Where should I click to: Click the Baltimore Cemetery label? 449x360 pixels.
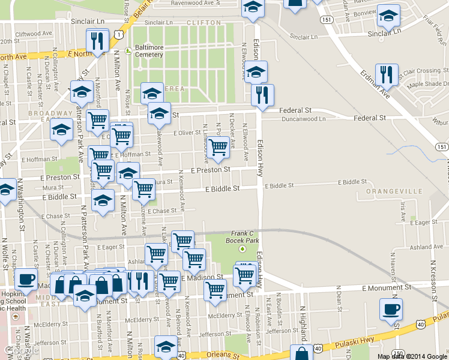click(149, 50)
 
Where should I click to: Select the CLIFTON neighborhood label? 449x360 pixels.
click(200, 22)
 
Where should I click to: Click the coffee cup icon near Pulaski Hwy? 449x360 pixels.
click(391, 310)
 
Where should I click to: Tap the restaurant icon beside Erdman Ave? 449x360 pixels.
click(387, 74)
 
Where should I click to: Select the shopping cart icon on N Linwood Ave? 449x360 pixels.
click(218, 146)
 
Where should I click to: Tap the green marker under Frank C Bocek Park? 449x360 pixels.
click(243, 248)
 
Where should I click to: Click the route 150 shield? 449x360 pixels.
click(398, 353)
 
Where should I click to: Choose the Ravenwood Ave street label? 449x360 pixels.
click(192, 3)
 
